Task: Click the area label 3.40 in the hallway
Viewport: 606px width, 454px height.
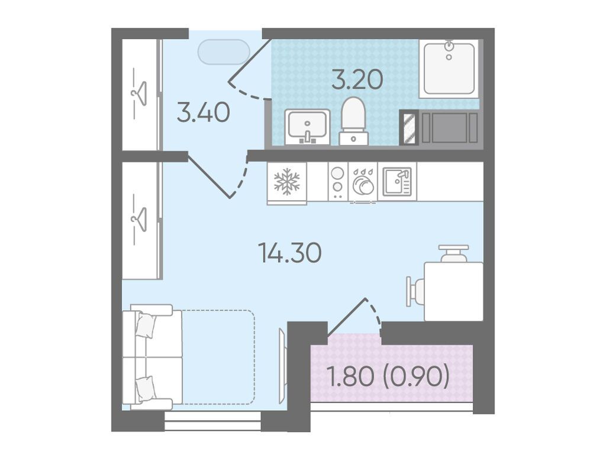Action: (x=204, y=113)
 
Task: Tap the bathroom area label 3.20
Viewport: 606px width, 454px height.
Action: (x=357, y=80)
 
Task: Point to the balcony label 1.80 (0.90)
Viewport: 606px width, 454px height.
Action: (x=388, y=376)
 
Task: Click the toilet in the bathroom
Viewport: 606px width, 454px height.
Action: (x=354, y=121)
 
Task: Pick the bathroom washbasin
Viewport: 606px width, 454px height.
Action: (x=307, y=127)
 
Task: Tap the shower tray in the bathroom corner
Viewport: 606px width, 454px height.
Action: (x=449, y=68)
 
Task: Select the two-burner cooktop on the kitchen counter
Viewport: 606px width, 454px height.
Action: (x=337, y=181)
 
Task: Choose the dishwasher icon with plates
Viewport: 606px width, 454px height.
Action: (x=363, y=182)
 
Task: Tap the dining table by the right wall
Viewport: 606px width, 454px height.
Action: (x=454, y=291)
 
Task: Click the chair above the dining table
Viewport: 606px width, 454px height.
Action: (x=454, y=253)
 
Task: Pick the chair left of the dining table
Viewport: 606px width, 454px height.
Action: (x=415, y=292)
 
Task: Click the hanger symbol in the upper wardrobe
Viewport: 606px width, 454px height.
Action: (x=139, y=93)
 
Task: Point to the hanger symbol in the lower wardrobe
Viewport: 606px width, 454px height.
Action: (x=139, y=219)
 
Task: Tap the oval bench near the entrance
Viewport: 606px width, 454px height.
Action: (x=224, y=52)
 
